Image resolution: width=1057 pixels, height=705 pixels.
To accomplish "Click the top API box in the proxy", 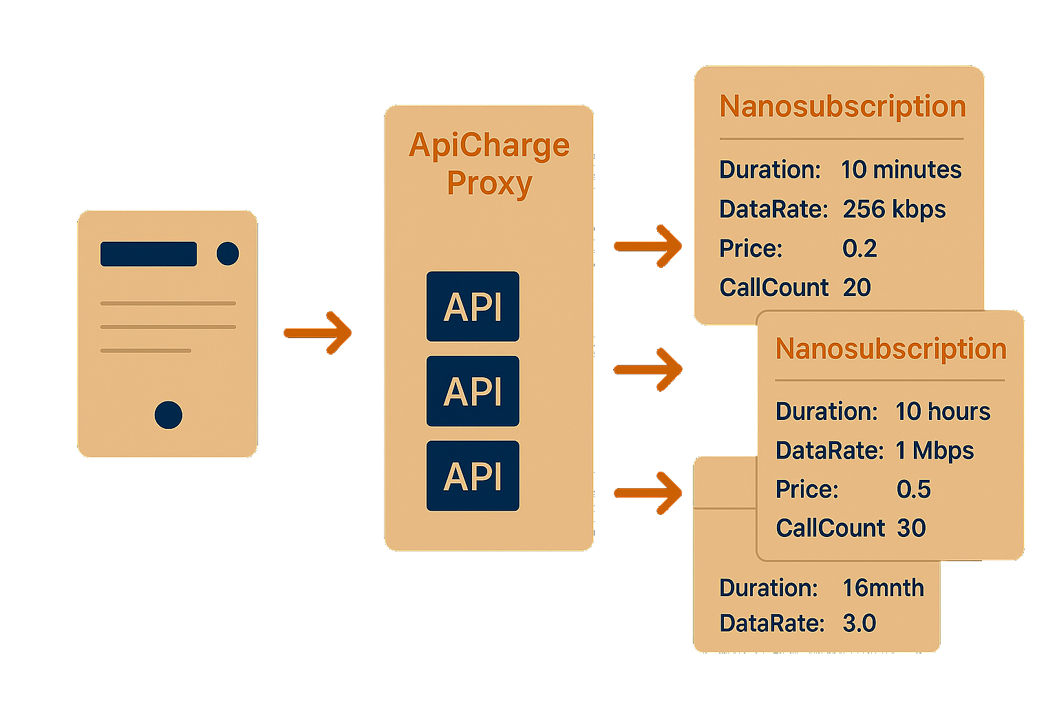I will (473, 306).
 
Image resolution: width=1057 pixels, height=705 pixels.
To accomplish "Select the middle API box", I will (473, 391).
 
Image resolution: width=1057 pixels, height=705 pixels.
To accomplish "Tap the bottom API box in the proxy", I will (473, 476).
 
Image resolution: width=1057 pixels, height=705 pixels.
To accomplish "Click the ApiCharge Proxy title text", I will (489, 164).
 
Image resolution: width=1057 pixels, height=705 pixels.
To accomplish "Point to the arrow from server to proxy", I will (318, 333).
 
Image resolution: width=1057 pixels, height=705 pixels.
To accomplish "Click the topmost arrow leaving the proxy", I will (648, 246).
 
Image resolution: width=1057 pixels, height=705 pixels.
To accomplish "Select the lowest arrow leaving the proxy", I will (648, 492).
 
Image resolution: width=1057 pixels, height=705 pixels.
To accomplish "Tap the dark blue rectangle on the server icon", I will (149, 254).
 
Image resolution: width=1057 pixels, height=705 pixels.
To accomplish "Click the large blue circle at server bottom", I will (169, 415).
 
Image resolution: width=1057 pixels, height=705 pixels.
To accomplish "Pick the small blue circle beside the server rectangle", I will (228, 254).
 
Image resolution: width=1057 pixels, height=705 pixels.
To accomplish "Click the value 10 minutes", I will (901, 169).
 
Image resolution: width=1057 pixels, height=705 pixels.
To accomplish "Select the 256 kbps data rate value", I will (894, 209).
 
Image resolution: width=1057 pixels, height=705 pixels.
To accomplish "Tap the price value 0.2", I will (860, 249).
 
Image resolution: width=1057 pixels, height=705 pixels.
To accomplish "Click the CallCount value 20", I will (857, 287).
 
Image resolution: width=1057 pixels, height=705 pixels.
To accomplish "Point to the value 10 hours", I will (942, 412).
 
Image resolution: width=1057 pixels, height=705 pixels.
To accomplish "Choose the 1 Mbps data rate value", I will (935, 451).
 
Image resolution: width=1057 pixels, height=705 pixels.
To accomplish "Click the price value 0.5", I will (913, 490).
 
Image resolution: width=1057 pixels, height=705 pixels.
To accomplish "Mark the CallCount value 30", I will (911, 528).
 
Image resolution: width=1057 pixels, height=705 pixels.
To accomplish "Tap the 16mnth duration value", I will (883, 588).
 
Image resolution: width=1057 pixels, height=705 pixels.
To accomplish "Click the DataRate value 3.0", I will (859, 623).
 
